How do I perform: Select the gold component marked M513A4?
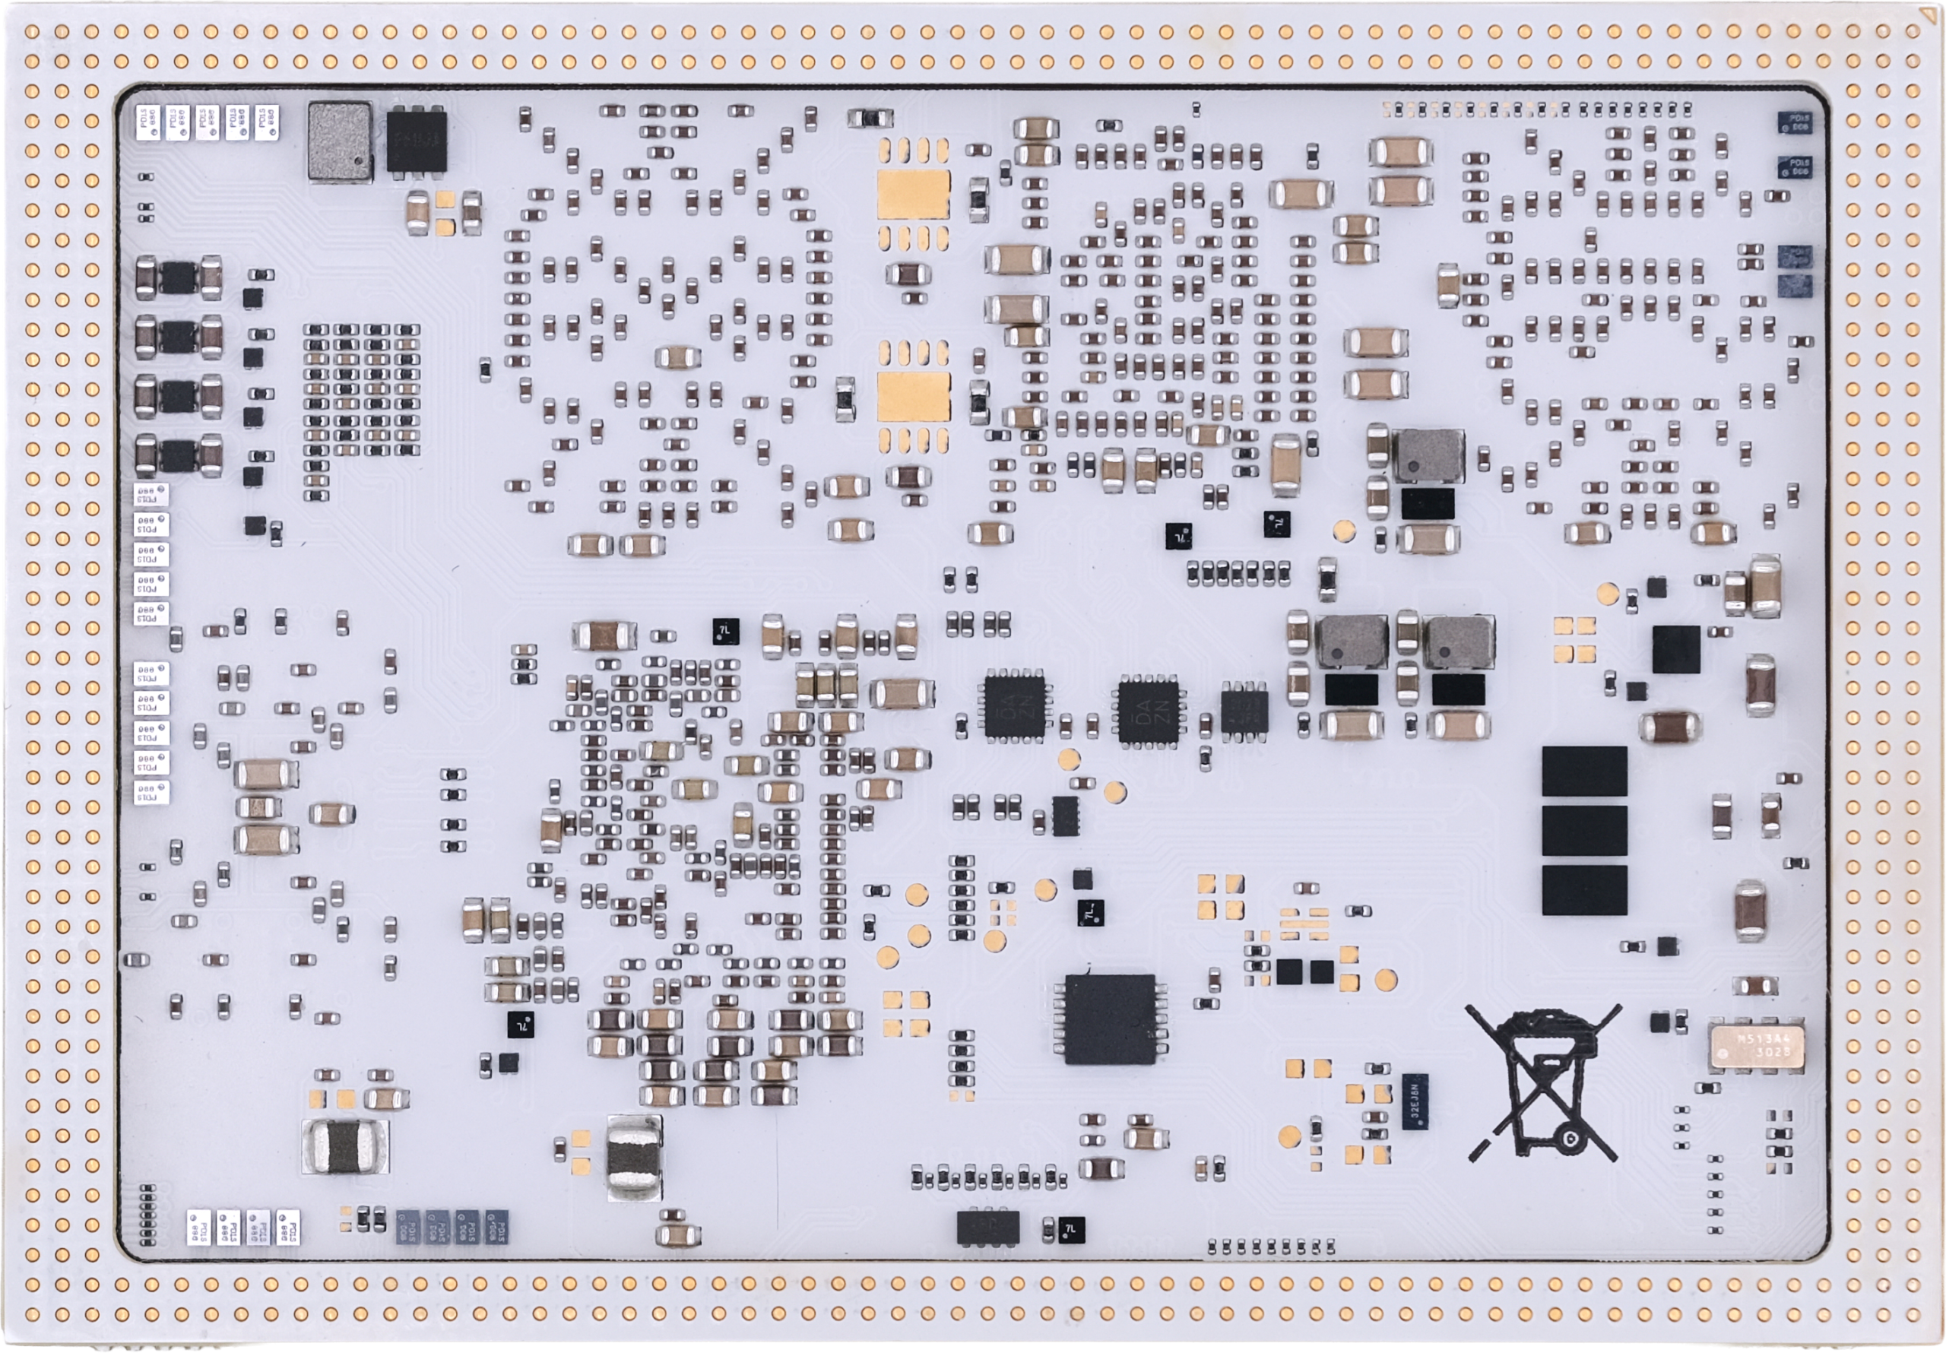1752,1045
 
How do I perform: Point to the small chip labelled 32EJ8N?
1413,1101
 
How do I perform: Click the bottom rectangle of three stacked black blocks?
1584,890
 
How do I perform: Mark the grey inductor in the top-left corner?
340,141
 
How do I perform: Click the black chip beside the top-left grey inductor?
416,141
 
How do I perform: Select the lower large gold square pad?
913,396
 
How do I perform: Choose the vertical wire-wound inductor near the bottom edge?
634,1156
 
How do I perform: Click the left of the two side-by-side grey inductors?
1351,642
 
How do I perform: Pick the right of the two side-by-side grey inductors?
1458,642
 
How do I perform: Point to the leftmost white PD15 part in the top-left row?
147,123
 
